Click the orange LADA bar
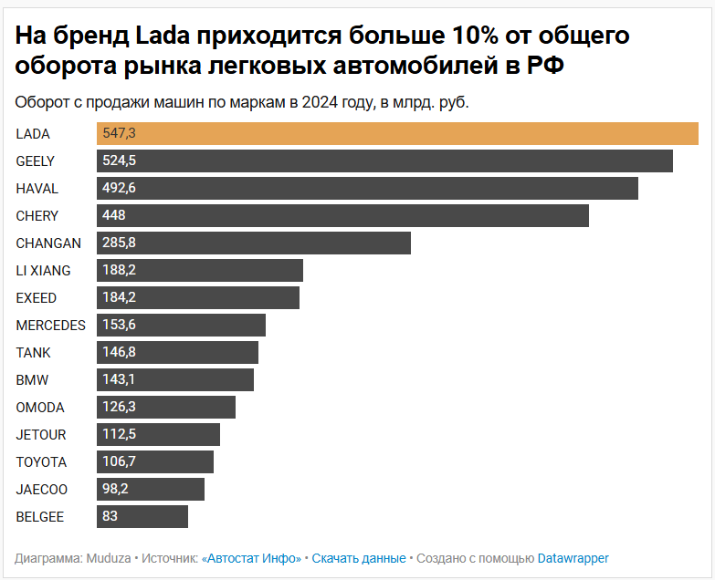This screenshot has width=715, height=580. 397,134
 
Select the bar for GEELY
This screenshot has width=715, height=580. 384,161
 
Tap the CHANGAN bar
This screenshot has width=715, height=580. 254,243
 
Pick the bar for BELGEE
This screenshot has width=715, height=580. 142,517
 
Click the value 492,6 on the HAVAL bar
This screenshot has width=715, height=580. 119,189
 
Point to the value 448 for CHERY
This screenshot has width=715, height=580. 114,216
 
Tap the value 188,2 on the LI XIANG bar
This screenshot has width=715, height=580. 119,271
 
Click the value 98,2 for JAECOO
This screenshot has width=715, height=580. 116,490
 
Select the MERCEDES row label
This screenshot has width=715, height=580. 50,326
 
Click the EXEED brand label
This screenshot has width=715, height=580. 37,298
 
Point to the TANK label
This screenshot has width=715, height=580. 33,353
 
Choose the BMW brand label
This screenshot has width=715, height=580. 32,380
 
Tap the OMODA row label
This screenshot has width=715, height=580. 40,408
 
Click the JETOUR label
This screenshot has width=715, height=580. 41,435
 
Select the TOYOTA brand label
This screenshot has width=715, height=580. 41,462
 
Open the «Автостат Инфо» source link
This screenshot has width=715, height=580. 251,558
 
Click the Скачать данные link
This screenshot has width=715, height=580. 359,558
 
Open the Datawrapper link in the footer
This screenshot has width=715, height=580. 573,558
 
